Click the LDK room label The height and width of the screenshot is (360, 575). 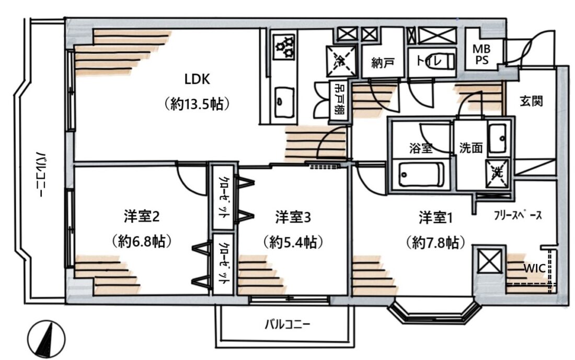point(197,79)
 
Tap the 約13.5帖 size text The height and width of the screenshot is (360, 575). point(197,104)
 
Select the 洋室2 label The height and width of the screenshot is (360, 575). point(142,217)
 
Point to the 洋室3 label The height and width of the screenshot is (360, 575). point(293,217)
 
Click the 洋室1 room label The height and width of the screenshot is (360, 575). point(435,218)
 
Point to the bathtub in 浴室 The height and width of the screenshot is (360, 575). point(421,175)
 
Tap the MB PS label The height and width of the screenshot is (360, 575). point(481,54)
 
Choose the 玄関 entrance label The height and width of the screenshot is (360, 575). point(532,101)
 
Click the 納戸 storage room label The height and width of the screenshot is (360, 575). point(383,63)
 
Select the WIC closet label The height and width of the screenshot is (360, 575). point(534,268)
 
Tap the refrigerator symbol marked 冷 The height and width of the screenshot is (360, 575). point(341,61)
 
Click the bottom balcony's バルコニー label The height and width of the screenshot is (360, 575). point(287,324)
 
